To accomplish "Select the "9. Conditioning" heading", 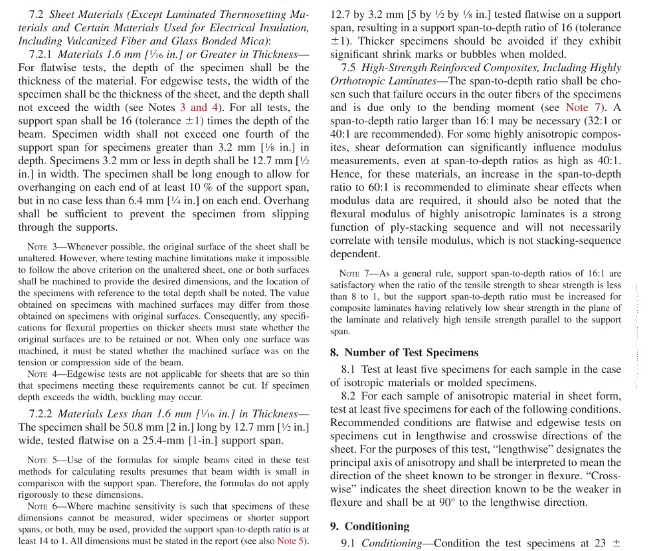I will click(369, 526).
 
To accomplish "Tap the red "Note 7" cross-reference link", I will click(581, 108).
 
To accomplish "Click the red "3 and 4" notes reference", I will click(199, 108).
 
